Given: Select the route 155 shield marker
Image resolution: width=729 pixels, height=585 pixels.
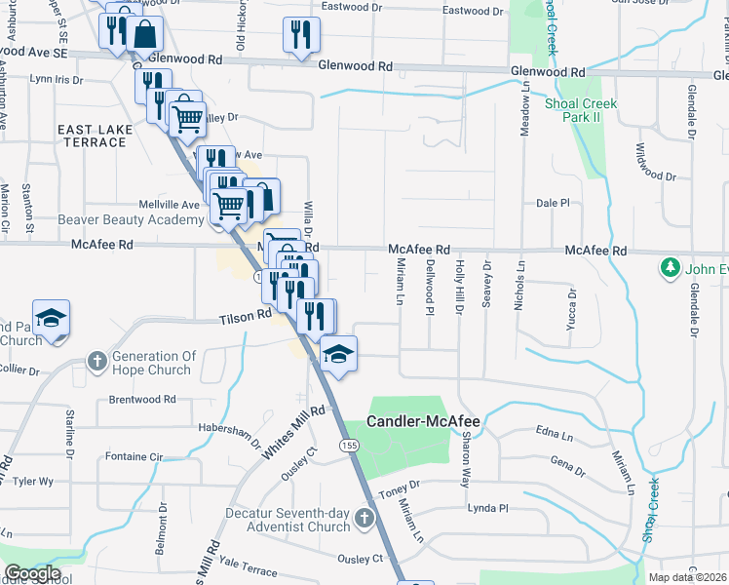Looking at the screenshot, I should [x=348, y=445].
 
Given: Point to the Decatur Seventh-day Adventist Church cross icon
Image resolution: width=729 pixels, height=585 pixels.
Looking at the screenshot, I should [x=364, y=517].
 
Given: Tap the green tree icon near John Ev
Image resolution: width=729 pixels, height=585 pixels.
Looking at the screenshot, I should [x=670, y=266].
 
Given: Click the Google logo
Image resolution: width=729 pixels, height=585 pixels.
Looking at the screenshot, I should [x=32, y=573].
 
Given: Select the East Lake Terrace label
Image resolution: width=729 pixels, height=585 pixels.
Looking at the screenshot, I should [x=92, y=136].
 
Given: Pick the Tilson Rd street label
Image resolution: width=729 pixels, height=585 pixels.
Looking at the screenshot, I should [x=245, y=317].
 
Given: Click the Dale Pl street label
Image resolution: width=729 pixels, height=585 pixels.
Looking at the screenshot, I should [x=552, y=203].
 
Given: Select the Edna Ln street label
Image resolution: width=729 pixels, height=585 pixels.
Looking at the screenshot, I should [x=552, y=430].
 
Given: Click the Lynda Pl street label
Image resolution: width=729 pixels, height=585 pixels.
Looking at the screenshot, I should [x=488, y=508].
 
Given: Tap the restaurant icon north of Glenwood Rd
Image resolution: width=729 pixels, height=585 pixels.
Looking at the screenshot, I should [x=301, y=34].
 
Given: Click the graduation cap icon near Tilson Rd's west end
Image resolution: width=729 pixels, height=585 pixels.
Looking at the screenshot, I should [x=51, y=319].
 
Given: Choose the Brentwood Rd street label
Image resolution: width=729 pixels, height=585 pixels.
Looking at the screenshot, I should [x=142, y=399].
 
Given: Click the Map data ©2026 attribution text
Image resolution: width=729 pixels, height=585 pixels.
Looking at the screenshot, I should [x=688, y=577].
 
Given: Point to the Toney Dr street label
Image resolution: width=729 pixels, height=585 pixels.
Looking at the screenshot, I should [x=400, y=485].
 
